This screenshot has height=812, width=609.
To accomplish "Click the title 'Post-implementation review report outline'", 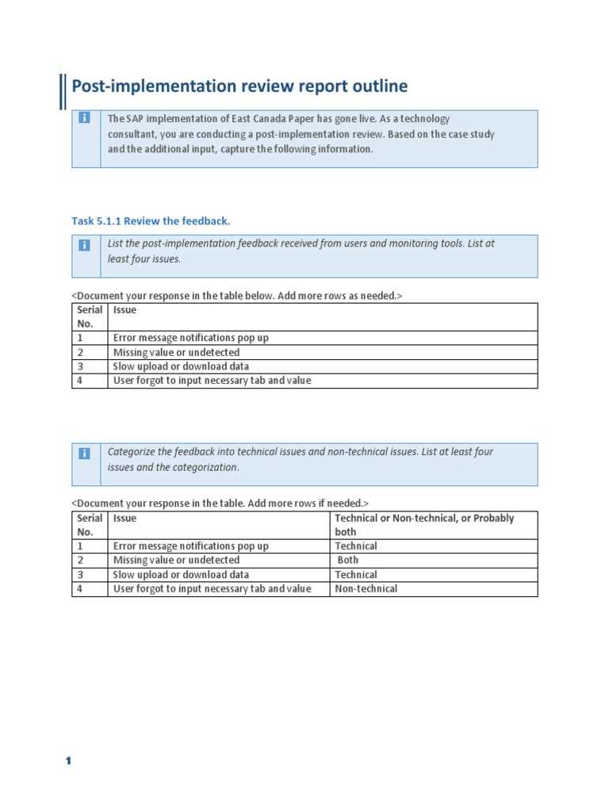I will tap(239, 86).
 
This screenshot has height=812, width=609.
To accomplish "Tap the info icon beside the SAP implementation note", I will tap(85, 118).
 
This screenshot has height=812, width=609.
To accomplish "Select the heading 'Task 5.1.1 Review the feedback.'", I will tap(151, 220).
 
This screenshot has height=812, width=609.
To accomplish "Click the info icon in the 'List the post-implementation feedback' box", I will tap(85, 245).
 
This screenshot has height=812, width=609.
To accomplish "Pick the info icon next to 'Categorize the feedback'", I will tap(85, 454).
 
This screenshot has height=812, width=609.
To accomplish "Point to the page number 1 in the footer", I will tap(68, 761).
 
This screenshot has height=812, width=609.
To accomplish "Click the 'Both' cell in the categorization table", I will tap(347, 560).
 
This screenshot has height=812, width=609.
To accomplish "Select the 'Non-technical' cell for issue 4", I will tap(366, 588).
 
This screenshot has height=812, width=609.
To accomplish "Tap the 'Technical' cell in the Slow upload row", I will tap(355, 574).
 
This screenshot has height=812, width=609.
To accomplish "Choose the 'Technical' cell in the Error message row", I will tap(355, 546).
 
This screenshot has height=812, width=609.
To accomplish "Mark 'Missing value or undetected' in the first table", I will tap(176, 352).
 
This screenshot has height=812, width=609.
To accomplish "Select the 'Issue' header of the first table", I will tap(124, 310).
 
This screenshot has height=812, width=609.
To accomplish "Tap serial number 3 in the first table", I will tap(80, 366).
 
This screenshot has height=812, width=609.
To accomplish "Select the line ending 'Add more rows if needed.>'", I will tap(220, 504).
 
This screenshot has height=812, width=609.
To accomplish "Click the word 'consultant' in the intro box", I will tap(132, 134).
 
